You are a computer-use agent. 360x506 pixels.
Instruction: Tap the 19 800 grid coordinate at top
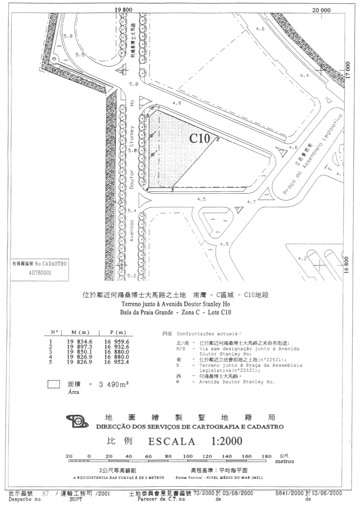(124, 9)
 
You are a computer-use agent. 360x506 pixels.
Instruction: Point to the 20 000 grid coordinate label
(321, 9)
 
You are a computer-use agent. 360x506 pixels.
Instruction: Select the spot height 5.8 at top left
(68, 36)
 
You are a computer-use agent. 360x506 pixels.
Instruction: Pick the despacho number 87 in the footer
(46, 493)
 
